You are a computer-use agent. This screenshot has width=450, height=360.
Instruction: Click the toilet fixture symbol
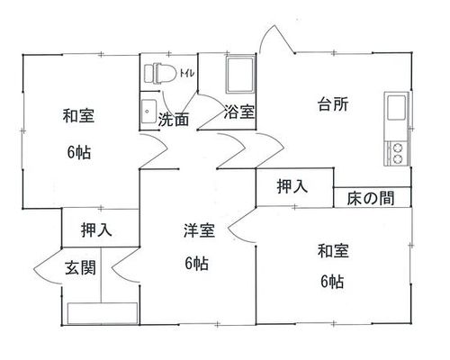160,73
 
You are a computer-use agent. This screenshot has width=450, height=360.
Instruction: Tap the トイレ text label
187,73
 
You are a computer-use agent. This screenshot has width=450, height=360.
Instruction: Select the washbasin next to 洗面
148,112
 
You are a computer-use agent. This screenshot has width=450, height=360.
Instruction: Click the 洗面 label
174,120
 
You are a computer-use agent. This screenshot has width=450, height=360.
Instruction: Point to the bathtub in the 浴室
240,75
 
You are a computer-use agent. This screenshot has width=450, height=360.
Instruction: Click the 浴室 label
239,112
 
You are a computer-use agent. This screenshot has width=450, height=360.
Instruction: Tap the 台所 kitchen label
333,104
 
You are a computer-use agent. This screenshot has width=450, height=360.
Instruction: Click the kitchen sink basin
397,107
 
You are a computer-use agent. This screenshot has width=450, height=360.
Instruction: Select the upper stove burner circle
398,148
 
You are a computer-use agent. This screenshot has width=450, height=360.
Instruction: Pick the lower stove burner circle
398,158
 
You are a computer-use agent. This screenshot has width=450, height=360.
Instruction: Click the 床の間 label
371,198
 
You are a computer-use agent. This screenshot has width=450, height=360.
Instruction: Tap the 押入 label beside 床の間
292,186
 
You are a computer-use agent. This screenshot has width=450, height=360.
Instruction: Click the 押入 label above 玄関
96,230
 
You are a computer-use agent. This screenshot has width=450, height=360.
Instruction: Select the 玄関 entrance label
80,267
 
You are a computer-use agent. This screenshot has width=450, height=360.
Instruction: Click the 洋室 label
199,230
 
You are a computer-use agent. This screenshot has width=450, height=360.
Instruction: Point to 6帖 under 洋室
196,264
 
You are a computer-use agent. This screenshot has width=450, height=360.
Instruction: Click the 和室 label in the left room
78,115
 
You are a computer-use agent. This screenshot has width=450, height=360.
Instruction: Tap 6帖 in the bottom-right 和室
332,282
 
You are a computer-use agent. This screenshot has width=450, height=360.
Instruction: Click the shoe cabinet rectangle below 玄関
103,313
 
